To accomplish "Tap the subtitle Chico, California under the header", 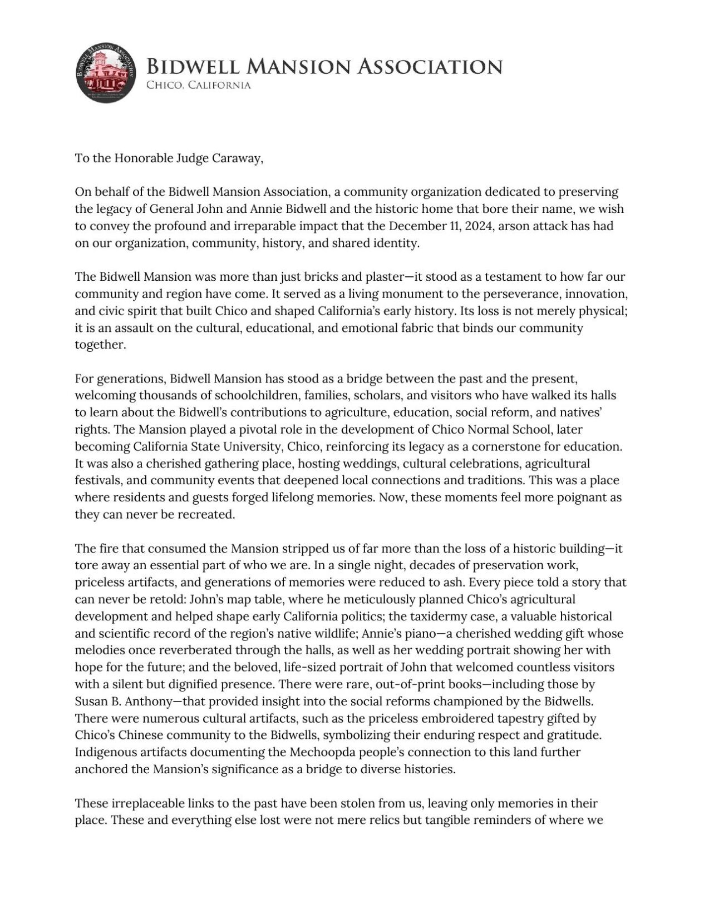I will (198, 86).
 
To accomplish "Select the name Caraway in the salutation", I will (239, 158).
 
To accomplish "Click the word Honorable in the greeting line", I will (143, 158).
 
